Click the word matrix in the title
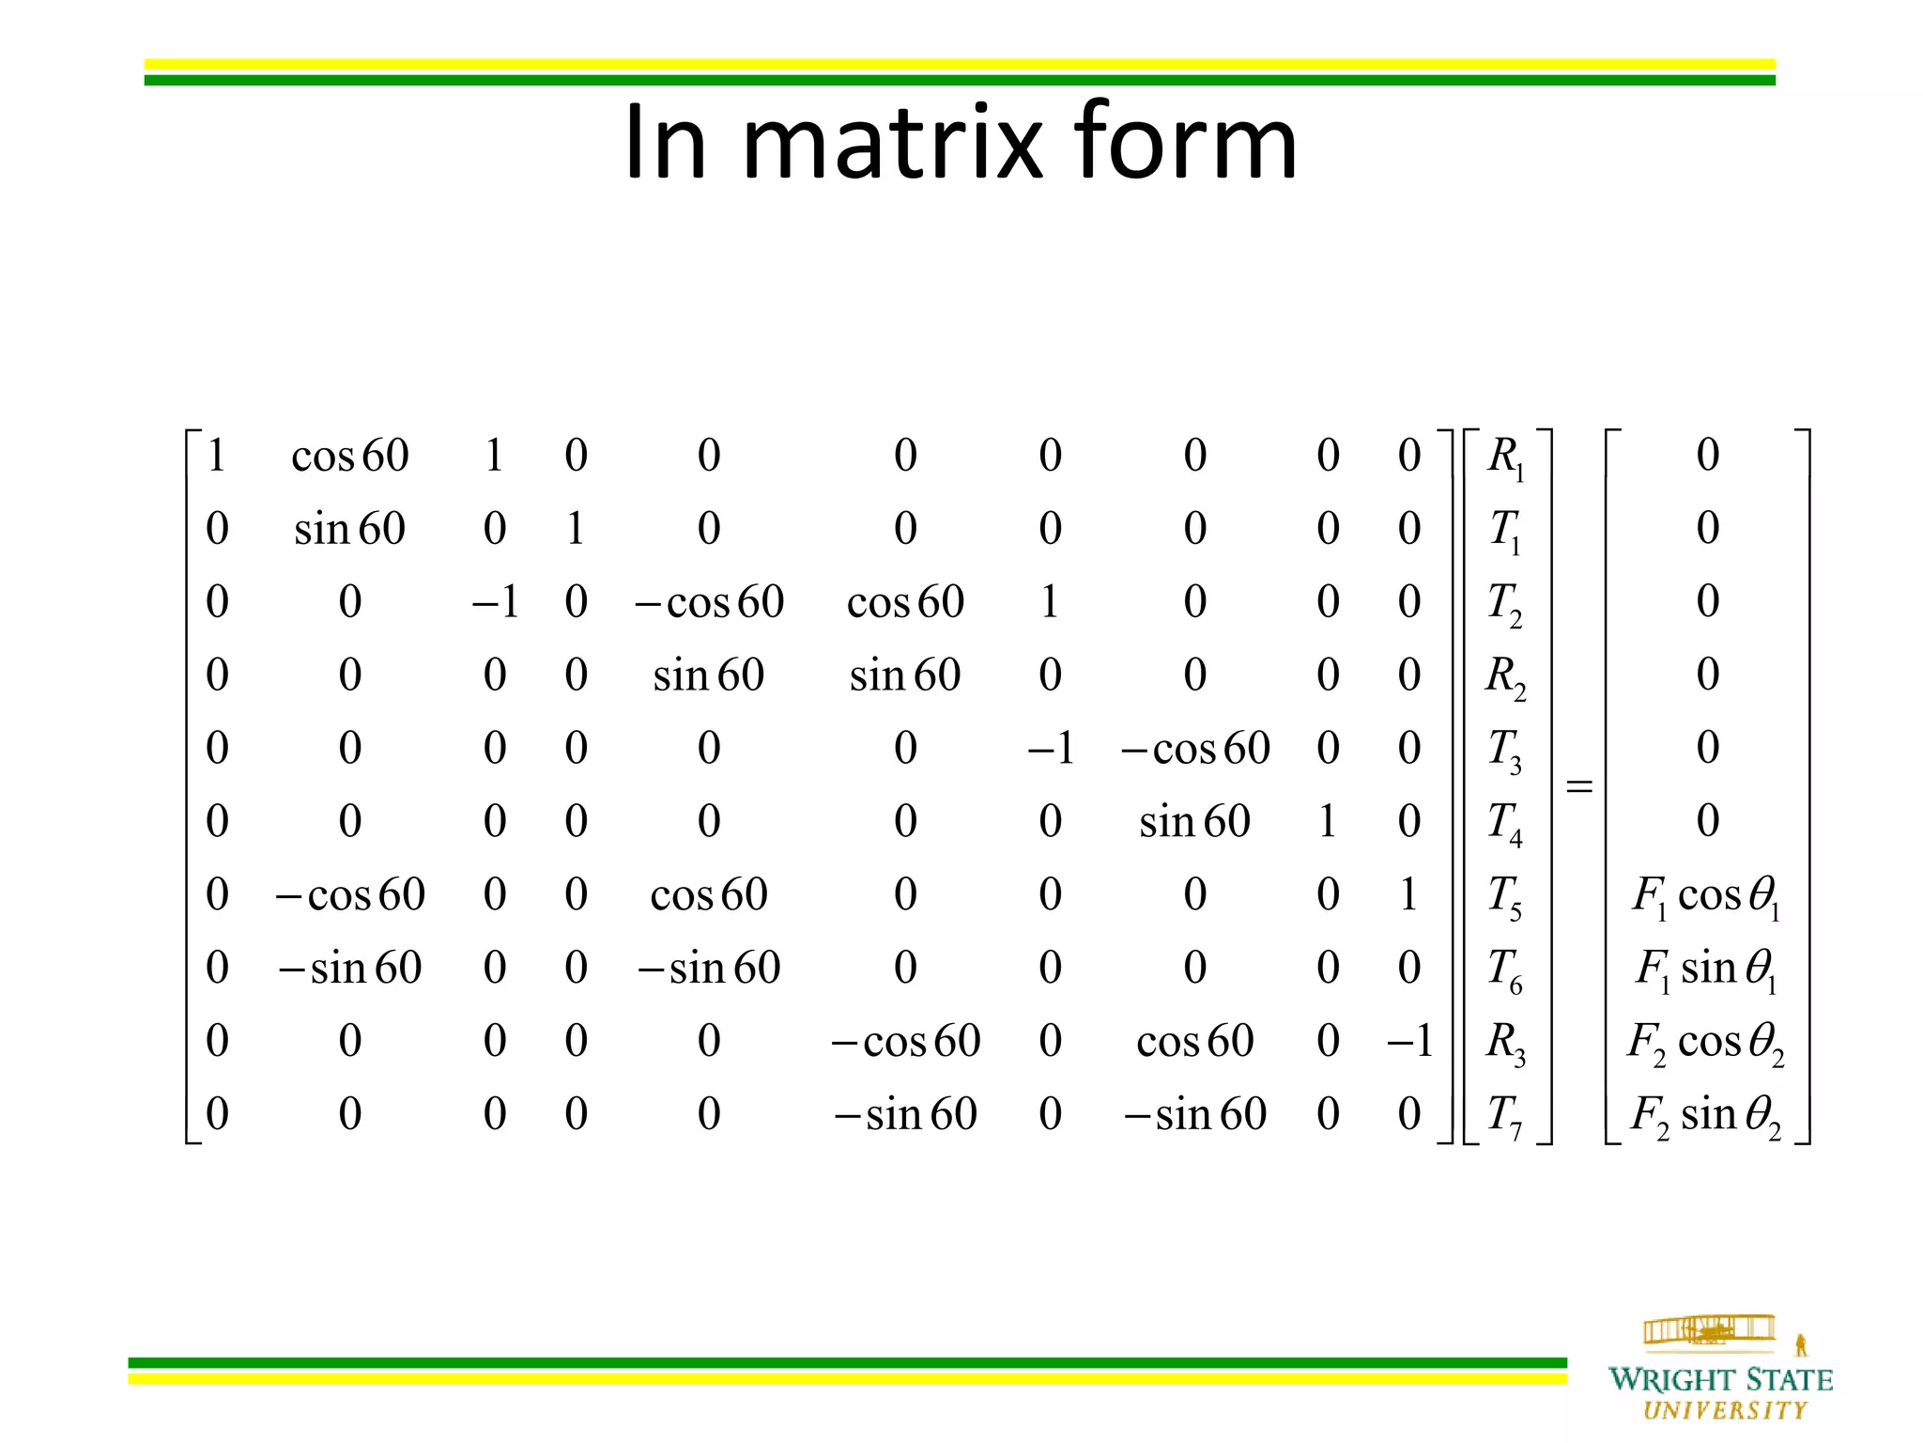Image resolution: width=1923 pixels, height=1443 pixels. click(892, 143)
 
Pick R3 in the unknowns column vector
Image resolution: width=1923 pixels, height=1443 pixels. click(1505, 1043)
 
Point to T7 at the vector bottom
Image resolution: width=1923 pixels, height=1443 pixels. click(1505, 1116)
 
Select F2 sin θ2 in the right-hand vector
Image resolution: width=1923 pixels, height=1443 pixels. click(1706, 1116)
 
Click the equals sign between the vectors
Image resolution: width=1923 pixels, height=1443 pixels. click(1579, 785)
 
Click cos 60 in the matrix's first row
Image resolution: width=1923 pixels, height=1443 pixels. click(350, 457)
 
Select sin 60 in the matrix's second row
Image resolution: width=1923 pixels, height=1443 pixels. click(350, 530)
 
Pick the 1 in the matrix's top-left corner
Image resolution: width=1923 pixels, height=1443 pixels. click(217, 457)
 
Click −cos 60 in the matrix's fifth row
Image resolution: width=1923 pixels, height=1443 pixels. click(1195, 750)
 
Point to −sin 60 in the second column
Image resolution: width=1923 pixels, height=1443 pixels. click(350, 969)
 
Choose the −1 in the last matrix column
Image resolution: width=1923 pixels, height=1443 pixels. click(1409, 1042)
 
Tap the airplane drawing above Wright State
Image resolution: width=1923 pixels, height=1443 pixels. click(1709, 1330)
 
